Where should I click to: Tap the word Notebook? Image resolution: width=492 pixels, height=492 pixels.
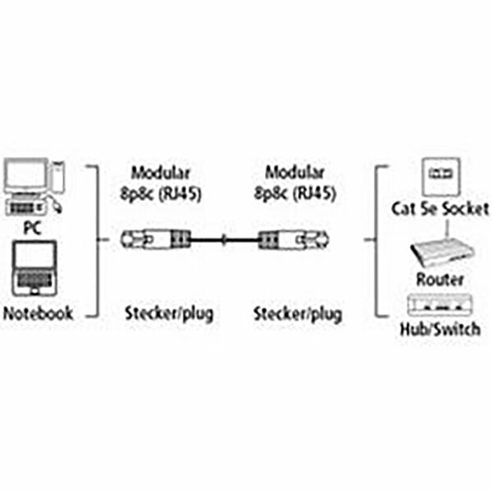click(x=37, y=312)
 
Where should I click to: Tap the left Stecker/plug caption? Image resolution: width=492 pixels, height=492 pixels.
click(x=167, y=313)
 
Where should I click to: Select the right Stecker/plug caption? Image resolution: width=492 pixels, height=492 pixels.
click(x=298, y=313)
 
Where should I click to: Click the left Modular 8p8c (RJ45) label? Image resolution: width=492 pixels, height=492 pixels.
click(x=161, y=184)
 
